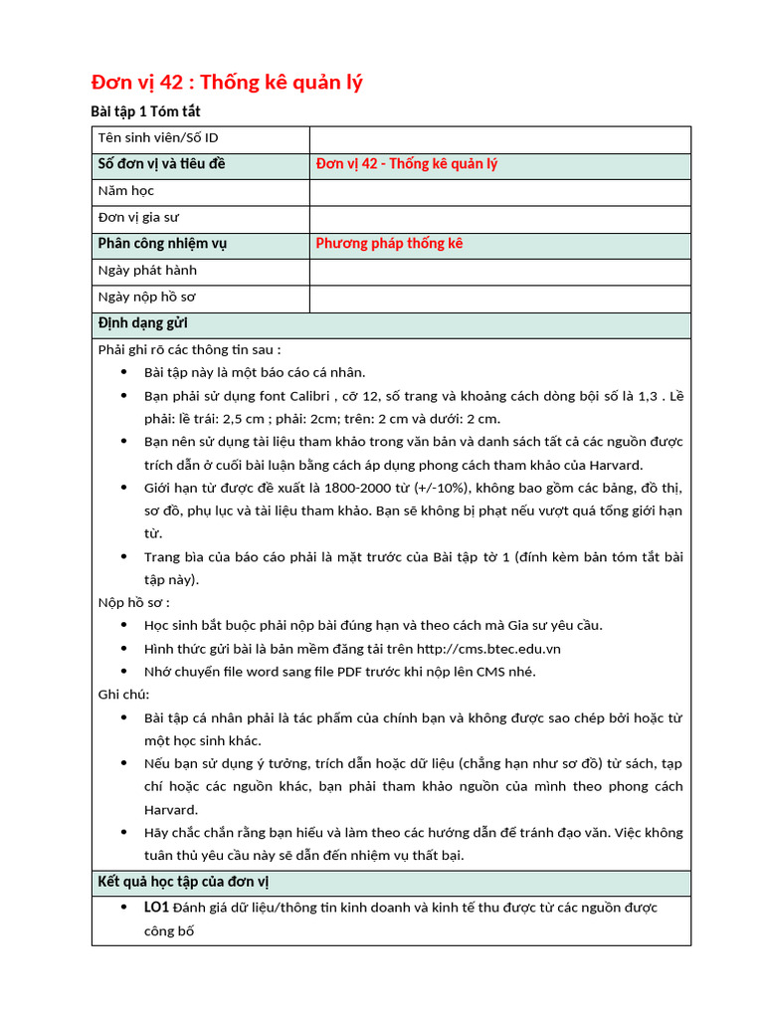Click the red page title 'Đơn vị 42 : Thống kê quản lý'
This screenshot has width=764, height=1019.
[227, 83]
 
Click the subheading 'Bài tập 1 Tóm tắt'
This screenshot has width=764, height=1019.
[146, 111]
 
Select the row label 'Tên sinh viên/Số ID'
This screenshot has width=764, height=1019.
[158, 138]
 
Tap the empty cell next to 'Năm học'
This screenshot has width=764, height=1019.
[499, 191]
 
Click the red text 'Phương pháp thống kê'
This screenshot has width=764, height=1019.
[389, 244]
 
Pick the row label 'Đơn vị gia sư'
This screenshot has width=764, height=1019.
[139, 217]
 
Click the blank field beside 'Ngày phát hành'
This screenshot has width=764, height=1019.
[499, 271]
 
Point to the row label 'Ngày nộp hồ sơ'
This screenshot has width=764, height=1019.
[147, 297]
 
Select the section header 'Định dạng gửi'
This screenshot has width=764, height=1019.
[143, 323]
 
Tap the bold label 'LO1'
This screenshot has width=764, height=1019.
[156, 908]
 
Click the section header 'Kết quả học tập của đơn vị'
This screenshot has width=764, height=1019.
[183, 882]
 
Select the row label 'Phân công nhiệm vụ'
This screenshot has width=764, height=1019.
[162, 244]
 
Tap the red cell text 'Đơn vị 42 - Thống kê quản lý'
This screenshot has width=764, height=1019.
[406, 164]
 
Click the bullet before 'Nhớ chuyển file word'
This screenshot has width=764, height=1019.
[123, 672]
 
